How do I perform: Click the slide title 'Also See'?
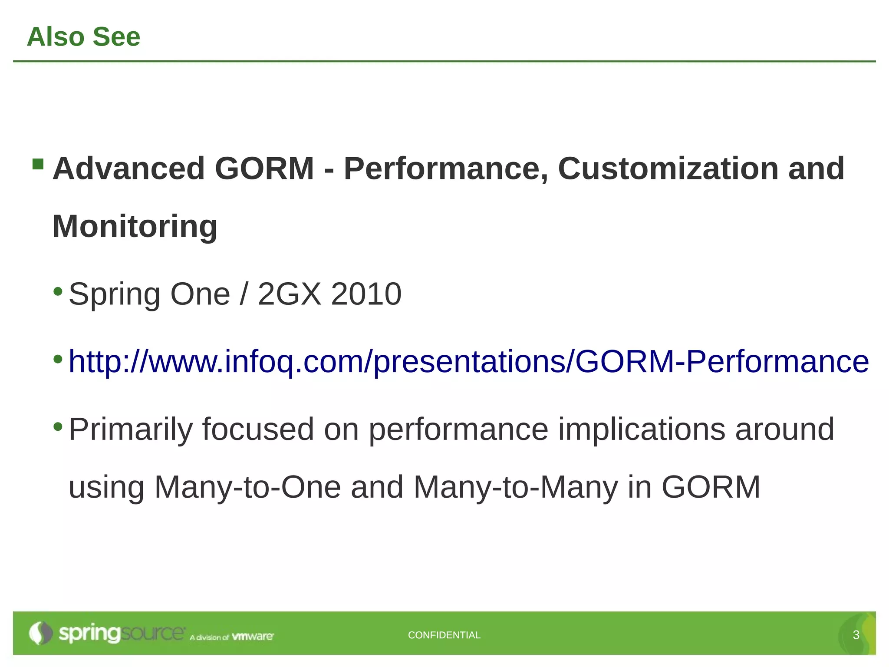[83, 36]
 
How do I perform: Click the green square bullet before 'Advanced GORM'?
[38, 164]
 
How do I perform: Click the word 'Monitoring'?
[135, 227]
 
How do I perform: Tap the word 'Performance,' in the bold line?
[446, 168]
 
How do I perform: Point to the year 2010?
[366, 294]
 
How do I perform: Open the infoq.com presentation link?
[469, 361]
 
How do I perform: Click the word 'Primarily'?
[131, 429]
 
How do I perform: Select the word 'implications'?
[642, 429]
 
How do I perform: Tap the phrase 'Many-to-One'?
[247, 487]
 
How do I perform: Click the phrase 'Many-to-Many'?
[516, 487]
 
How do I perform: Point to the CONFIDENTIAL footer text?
[444, 635]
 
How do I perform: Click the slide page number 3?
[856, 635]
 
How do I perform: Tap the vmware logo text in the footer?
[253, 637]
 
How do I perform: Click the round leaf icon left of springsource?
[40, 633]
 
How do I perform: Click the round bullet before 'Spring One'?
[58, 291]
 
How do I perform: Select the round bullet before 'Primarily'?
[58, 426]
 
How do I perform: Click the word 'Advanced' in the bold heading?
[128, 168]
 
